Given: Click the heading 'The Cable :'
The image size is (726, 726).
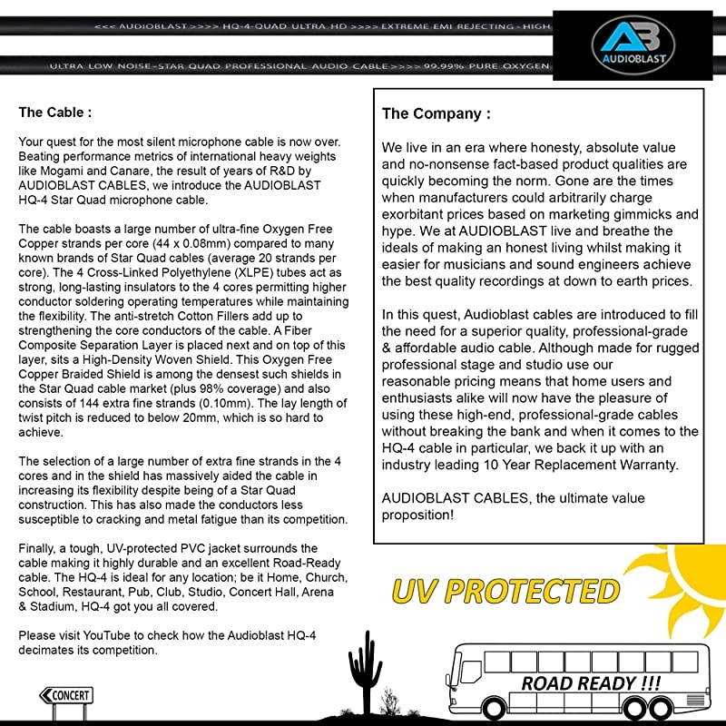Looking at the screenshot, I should tap(55, 113).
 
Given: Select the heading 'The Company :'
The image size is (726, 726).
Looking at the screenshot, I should tap(436, 114).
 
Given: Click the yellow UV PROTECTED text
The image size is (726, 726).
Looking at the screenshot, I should tap(505, 591).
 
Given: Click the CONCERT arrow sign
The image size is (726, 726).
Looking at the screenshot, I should tap(65, 696).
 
